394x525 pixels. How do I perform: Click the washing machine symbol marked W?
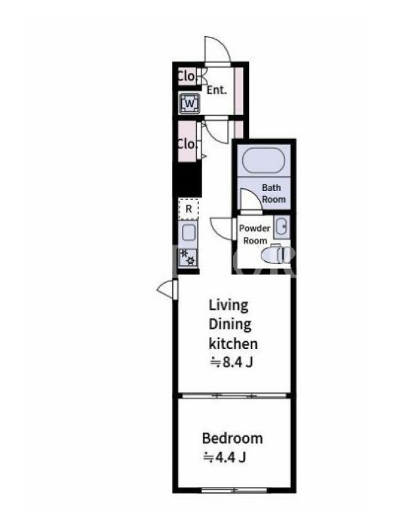pyautogui.click(x=190, y=104)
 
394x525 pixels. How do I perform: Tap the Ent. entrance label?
pyautogui.click(x=217, y=90)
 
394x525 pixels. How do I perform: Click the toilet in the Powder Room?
pyautogui.click(x=276, y=255)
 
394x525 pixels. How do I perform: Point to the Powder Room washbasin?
pyautogui.click(x=282, y=226)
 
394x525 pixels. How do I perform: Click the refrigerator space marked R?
pyautogui.click(x=188, y=209)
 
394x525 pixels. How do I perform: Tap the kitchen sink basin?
pyautogui.click(x=188, y=232)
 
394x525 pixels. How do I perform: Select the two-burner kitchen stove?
pyautogui.click(x=188, y=257)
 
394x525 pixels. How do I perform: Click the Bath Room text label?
pyautogui.click(x=274, y=194)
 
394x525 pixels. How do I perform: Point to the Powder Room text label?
pyautogui.click(x=255, y=234)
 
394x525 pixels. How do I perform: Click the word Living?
pyautogui.click(x=229, y=306)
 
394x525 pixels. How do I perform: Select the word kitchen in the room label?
pyautogui.click(x=233, y=343)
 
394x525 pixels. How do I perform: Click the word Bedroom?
pyautogui.click(x=232, y=438)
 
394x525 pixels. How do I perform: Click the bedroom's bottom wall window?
pyautogui.click(x=234, y=490)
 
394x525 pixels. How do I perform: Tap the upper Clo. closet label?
pyautogui.click(x=186, y=76)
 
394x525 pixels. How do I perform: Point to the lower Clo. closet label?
pyautogui.click(x=186, y=144)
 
